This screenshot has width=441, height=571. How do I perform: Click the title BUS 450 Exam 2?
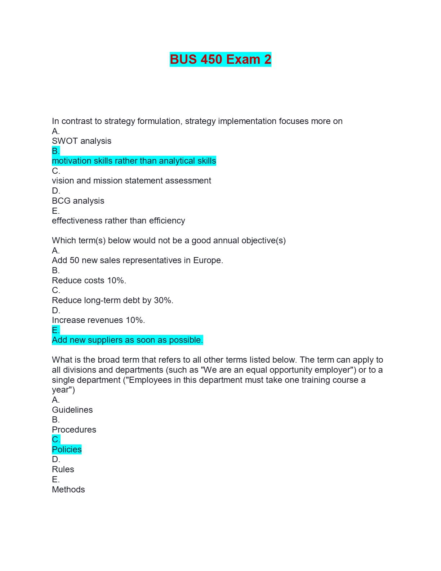[220, 59]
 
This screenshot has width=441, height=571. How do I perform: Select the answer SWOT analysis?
[81, 141]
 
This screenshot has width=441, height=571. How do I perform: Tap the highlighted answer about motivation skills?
[134, 161]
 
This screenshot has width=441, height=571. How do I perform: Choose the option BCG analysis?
[78, 201]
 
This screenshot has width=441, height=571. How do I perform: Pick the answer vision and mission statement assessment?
[131, 181]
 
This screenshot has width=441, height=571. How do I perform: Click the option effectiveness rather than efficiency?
[118, 221]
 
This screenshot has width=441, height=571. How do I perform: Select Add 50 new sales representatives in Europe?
[137, 260]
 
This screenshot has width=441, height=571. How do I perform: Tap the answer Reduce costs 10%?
[89, 280]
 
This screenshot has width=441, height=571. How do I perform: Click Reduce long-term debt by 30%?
[112, 300]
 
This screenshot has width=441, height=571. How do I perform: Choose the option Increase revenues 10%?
[98, 320]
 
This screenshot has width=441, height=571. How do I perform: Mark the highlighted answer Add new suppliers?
[127, 340]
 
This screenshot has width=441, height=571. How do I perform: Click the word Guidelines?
[72, 410]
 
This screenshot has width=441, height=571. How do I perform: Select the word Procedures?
[74, 430]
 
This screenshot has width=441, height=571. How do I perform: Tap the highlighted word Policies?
[67, 450]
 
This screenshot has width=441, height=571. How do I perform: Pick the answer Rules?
[63, 469]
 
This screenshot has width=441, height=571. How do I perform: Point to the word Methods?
[68, 490]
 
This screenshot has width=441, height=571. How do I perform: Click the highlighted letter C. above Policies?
[56, 439]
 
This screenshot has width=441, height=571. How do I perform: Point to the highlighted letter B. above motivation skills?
[56, 151]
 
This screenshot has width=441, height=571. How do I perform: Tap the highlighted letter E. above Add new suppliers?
[56, 330]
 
